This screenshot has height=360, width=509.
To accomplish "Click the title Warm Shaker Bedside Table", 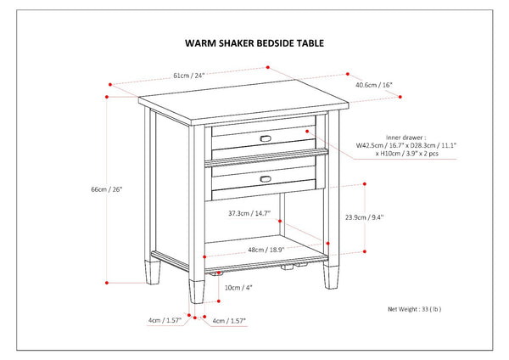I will coord(255,42).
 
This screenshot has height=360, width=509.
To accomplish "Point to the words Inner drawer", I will coord(404,137).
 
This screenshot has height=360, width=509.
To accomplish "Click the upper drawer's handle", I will coord(266,138).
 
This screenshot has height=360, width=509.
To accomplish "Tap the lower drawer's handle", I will coord(266,177).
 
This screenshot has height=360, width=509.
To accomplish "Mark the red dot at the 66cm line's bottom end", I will coord(107,281).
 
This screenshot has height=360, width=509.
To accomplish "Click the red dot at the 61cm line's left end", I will coord(111,84).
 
